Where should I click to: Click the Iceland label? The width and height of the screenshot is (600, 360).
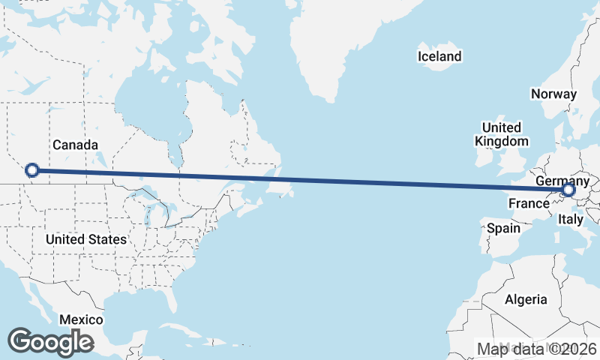(439, 56)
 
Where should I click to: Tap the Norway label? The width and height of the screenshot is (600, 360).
(553, 94)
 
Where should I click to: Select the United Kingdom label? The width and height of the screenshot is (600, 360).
(502, 133)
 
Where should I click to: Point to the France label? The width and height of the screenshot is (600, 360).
(529, 203)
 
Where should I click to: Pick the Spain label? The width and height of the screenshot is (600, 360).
(503, 227)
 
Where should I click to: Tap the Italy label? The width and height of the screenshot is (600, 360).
(571, 220)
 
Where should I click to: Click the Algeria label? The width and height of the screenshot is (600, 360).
(526, 299)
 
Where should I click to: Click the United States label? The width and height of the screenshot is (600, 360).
(86, 239)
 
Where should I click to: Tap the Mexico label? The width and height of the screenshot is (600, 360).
(81, 319)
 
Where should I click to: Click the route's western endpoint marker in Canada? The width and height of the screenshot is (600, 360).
(31, 170)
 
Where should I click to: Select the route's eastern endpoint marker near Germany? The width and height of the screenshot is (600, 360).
(568, 190)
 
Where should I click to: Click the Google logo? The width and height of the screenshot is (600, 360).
(50, 342)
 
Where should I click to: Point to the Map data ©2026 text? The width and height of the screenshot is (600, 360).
(536, 349)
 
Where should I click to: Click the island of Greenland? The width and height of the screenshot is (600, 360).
(345, 45)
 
